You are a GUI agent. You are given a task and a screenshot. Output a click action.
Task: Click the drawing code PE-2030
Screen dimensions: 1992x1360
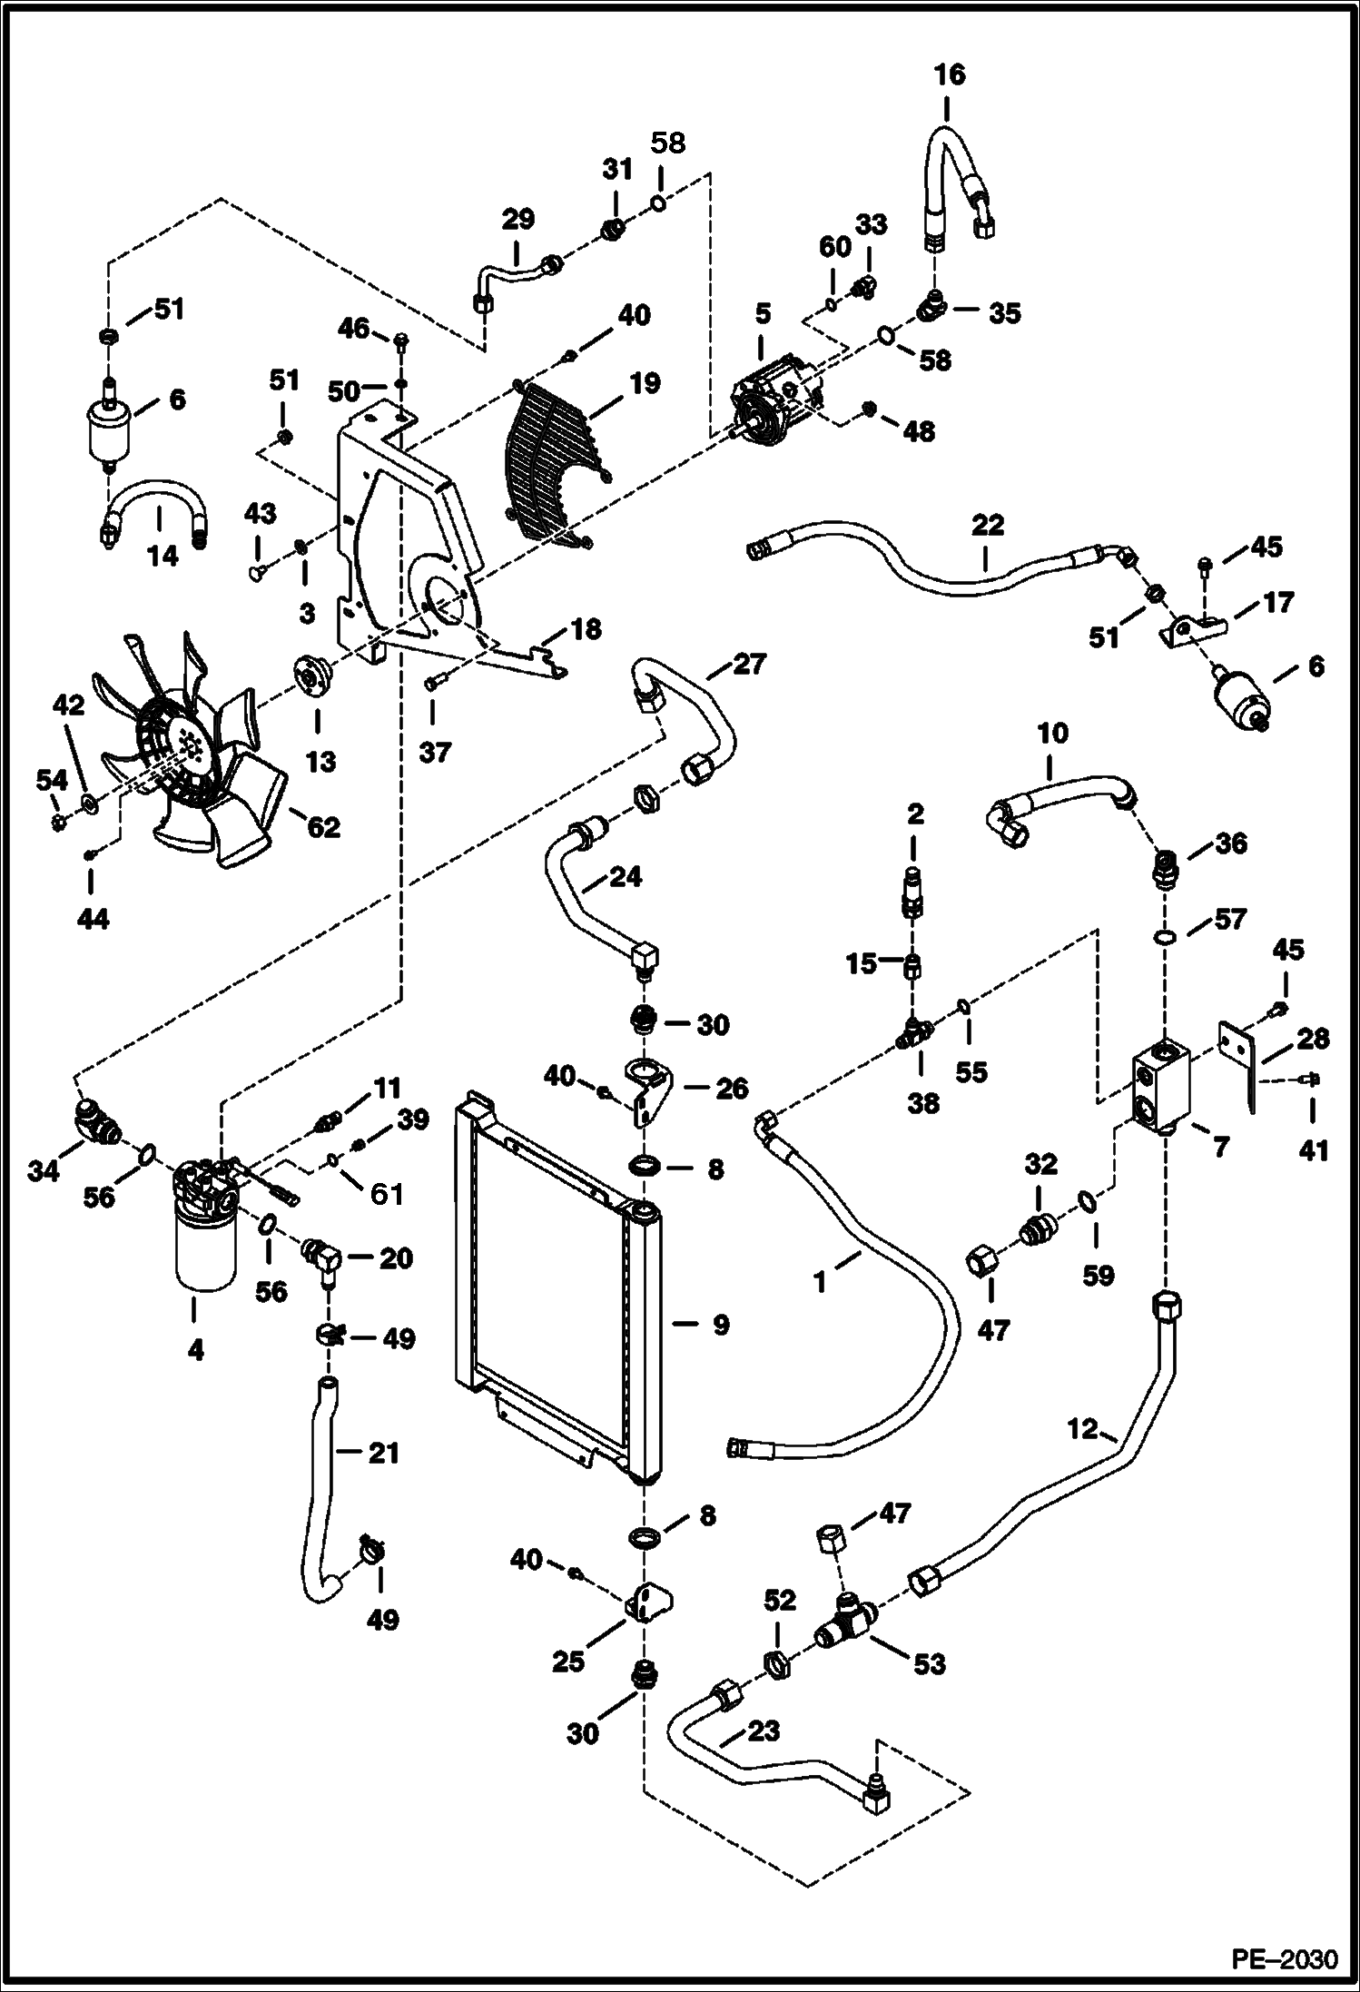click(x=1284, y=1955)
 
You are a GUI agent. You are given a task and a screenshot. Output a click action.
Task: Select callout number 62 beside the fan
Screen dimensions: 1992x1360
click(x=323, y=827)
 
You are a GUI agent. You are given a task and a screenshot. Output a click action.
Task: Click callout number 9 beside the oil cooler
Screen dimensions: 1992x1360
click(x=720, y=1326)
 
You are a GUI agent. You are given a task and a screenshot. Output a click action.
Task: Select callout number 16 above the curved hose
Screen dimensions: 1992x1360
click(x=950, y=74)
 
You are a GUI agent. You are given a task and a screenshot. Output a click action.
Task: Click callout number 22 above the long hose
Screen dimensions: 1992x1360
click(x=987, y=526)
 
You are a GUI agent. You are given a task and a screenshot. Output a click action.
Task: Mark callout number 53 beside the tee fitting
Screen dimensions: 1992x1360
click(x=929, y=1664)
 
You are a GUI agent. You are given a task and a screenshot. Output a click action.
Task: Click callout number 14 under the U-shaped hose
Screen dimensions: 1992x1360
click(x=163, y=556)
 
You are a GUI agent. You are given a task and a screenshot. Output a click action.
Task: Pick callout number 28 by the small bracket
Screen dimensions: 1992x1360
click(x=1313, y=1040)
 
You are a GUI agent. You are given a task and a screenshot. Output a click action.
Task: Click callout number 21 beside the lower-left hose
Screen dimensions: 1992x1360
click(x=383, y=1455)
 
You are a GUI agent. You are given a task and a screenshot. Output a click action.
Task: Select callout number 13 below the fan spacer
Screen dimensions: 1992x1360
click(x=320, y=761)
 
